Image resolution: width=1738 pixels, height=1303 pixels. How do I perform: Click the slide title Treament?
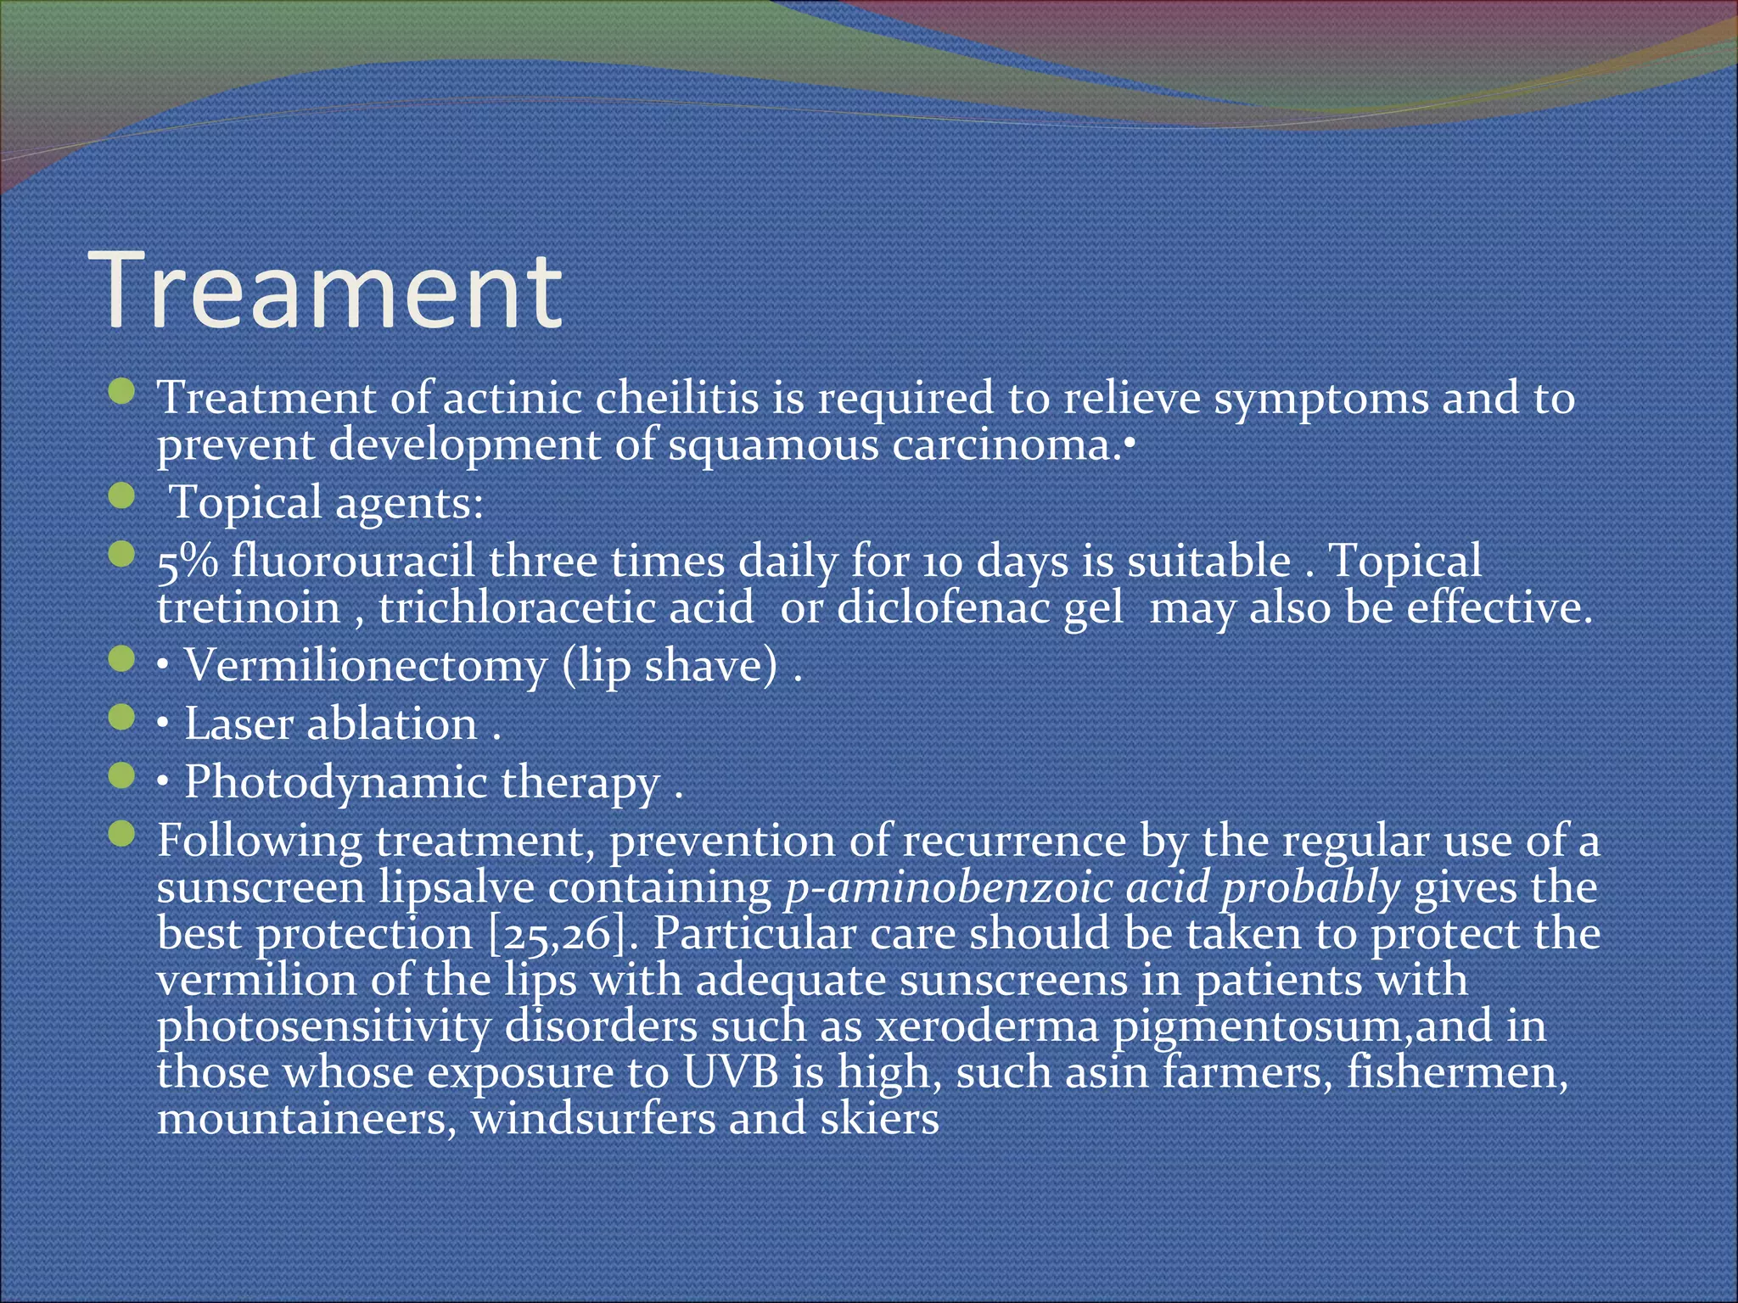click(x=329, y=290)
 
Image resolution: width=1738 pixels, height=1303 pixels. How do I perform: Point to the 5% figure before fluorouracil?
click(x=187, y=562)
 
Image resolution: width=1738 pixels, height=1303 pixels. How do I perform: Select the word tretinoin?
click(x=249, y=607)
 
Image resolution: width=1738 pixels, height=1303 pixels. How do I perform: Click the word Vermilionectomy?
click(x=366, y=665)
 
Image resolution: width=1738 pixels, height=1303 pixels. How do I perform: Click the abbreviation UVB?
click(x=731, y=1072)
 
